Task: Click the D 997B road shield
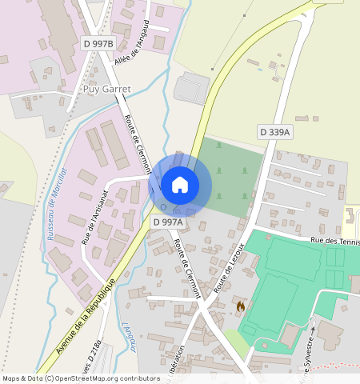[x=99, y=42]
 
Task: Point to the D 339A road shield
[x=275, y=131]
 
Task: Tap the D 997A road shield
[x=168, y=222]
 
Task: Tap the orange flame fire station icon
[x=240, y=305]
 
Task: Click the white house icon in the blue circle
[x=180, y=185]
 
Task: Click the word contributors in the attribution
[x=138, y=378]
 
